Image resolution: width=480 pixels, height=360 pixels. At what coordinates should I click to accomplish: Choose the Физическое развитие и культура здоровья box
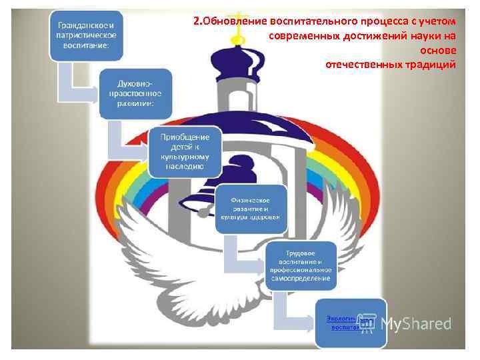click(x=251, y=208)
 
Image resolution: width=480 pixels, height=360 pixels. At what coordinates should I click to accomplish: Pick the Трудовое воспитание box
click(x=299, y=265)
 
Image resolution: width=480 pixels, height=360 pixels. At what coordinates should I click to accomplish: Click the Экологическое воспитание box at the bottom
click(x=351, y=323)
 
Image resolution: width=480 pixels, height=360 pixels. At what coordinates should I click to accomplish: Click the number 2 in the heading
click(x=196, y=20)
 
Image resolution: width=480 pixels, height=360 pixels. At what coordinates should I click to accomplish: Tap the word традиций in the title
click(x=433, y=65)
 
